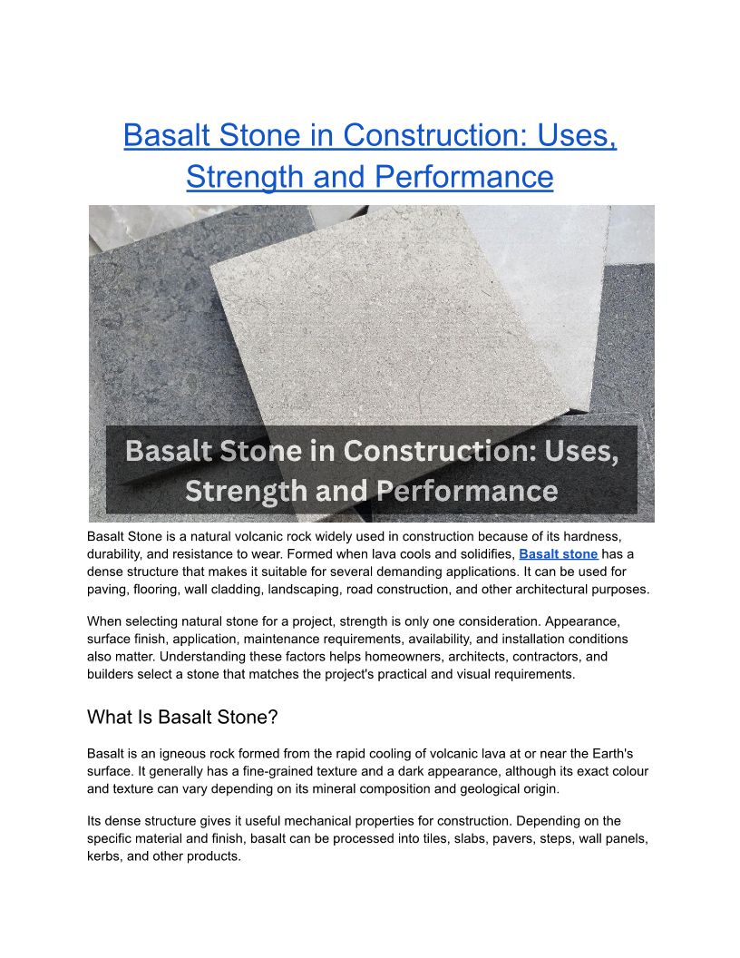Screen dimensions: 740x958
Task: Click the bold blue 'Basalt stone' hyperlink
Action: (558, 554)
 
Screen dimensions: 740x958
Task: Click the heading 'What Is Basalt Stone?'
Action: (182, 717)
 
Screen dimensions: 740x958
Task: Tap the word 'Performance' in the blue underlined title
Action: (464, 177)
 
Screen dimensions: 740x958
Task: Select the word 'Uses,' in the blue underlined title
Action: (577, 135)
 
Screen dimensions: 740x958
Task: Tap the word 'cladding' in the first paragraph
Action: (240, 590)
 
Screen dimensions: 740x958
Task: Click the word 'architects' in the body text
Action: (457, 657)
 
